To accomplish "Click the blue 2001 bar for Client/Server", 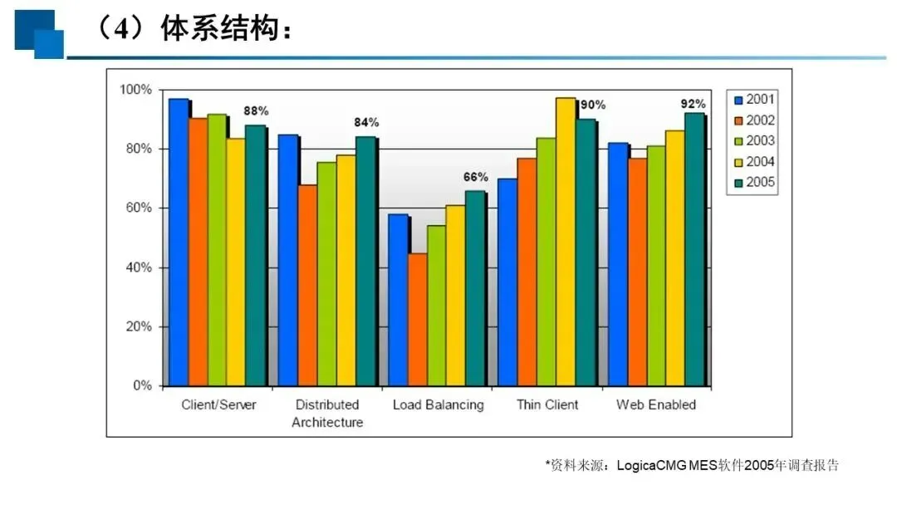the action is (179, 242).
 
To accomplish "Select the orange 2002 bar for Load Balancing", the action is (418, 320).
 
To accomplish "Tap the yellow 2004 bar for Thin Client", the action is (566, 242).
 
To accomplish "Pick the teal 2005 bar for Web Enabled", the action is (694, 249).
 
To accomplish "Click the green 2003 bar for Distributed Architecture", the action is (326, 274).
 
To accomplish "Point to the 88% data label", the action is (256, 111).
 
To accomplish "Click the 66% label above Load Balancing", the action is (475, 177).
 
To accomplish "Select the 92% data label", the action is (693, 104).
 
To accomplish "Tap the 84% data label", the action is (366, 122).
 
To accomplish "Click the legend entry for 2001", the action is (754, 100).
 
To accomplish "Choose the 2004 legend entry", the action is (754, 162).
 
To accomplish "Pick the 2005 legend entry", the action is (754, 183).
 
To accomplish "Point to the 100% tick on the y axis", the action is (135, 90).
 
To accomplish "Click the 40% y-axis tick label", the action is (139, 267).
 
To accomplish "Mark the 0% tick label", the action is (143, 385).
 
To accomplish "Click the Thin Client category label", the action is (547, 405).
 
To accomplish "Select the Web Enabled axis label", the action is (656, 405).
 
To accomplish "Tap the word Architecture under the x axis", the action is (327, 423).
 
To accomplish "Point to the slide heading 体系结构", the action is (219, 28).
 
